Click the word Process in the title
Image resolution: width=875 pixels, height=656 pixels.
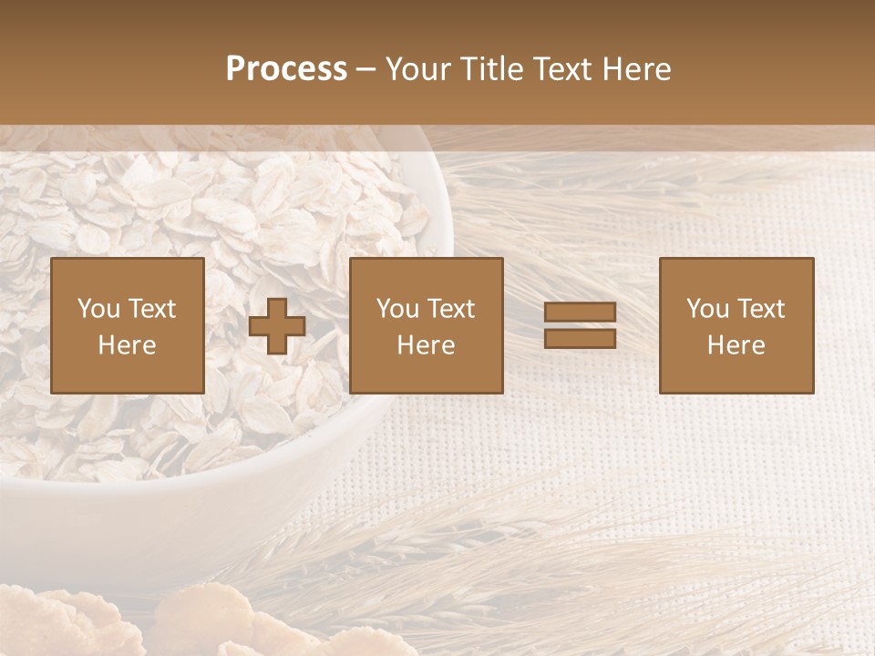click(286, 69)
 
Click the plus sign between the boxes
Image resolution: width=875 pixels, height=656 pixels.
click(277, 326)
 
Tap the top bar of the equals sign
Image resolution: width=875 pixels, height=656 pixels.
click(580, 313)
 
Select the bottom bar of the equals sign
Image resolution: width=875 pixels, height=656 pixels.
click(580, 339)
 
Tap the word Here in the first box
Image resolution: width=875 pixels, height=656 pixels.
click(128, 345)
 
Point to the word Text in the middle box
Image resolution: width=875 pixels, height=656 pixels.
click(450, 309)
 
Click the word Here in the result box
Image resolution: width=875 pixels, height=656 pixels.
click(736, 345)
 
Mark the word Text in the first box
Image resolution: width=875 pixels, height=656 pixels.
click(151, 309)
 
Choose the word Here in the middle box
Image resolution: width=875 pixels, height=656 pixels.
click(427, 345)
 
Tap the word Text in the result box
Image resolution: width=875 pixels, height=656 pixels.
click(760, 309)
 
